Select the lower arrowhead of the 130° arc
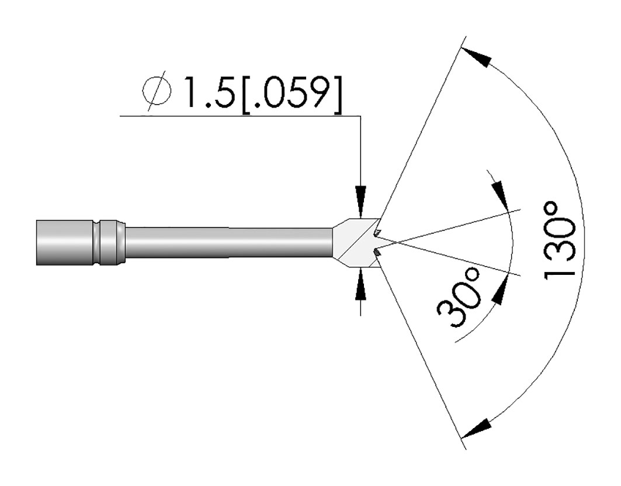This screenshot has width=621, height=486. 477,429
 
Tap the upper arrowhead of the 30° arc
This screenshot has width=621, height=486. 500,195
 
